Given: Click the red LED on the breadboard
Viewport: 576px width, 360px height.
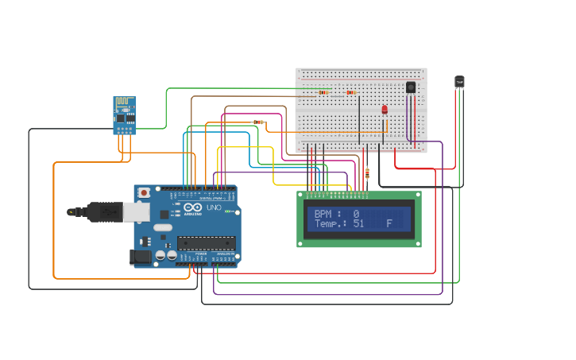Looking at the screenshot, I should tap(385, 109).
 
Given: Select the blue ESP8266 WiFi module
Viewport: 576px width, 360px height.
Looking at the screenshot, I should tap(125, 116).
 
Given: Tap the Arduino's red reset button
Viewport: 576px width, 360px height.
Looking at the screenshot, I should tap(144, 192).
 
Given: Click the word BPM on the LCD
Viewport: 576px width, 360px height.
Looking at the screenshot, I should tap(324, 214).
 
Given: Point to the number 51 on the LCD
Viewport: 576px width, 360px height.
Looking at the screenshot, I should tap(358, 224).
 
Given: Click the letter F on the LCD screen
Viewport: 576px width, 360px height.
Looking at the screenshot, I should tap(389, 224).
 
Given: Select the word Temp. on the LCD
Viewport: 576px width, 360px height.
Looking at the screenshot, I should tap(330, 224).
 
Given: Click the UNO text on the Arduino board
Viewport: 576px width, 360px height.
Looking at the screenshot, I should tap(214, 207).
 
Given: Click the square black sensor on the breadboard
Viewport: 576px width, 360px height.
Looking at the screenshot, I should tap(410, 87).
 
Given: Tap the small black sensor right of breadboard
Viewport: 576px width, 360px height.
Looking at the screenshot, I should tap(459, 81).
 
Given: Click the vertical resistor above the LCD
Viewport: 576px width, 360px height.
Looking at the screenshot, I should tap(366, 173).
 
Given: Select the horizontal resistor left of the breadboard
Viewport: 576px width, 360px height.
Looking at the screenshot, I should tap(258, 122).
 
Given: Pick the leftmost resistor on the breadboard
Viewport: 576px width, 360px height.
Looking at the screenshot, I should tap(323, 92).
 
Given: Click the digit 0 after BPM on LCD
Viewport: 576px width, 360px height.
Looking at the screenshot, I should tap(356, 214).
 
